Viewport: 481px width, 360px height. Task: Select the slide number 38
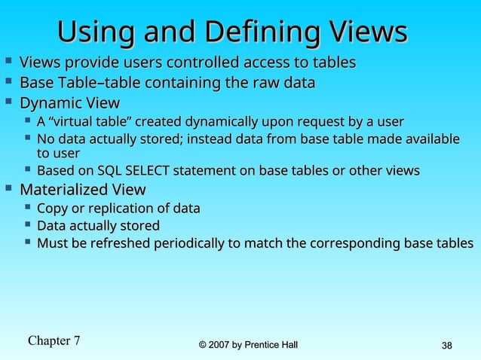pos(446,346)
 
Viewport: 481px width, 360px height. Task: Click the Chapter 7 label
pos(54,340)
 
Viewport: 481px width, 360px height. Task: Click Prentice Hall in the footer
pos(272,345)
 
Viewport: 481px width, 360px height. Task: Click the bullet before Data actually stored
pos(27,224)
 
